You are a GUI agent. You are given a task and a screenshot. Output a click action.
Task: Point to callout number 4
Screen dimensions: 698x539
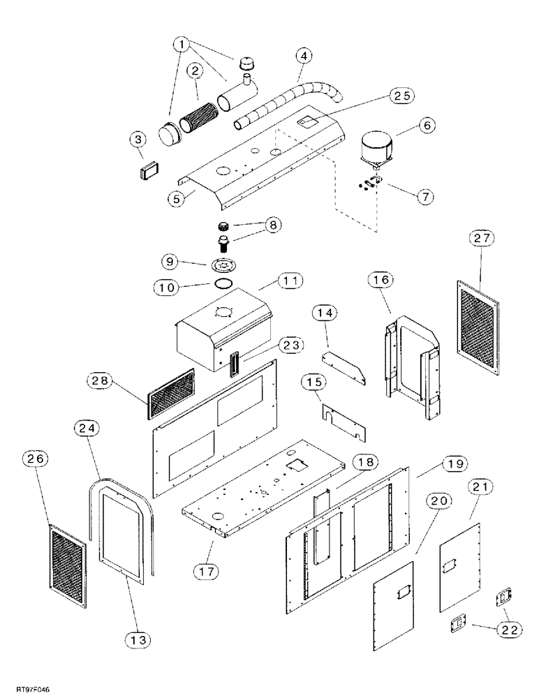point(302,54)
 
